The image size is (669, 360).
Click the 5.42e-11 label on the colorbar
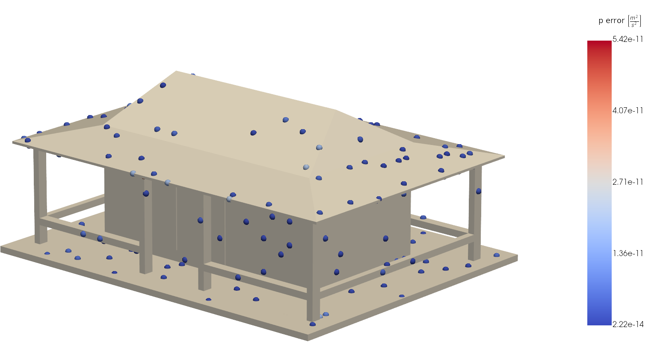[x=628, y=39]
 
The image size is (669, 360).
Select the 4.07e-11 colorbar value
[x=628, y=111]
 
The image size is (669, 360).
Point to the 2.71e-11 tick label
[x=628, y=182]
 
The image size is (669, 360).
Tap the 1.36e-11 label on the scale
[x=628, y=254]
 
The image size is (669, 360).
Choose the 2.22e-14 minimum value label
[x=628, y=325]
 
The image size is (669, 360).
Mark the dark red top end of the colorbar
[x=599, y=43]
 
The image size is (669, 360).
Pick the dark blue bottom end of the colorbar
[x=599, y=322]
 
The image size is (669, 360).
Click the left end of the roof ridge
[x=177, y=71]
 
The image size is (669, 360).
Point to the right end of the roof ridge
[x=336, y=110]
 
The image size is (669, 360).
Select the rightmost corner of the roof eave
[x=504, y=157]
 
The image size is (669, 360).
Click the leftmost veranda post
[x=40, y=197]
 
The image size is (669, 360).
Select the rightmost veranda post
[x=474, y=214]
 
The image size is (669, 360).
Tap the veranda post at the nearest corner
[x=313, y=274]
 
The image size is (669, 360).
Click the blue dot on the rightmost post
[x=479, y=191]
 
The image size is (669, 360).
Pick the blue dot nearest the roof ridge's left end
[x=163, y=85]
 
